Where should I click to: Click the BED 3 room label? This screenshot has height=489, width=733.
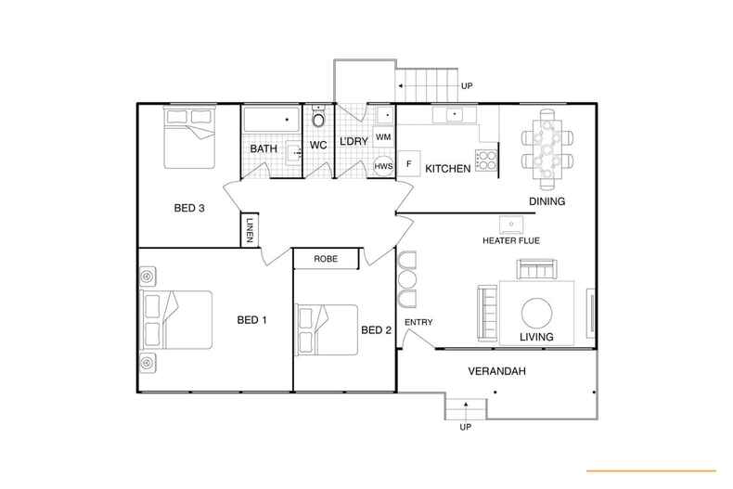(x=189, y=208)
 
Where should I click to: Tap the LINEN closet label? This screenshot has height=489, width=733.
(x=250, y=230)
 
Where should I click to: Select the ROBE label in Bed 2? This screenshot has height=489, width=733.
(x=325, y=259)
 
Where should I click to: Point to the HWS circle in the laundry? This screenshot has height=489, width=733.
(x=381, y=166)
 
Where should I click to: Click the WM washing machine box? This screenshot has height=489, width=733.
(x=383, y=137)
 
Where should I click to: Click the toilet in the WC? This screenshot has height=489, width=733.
(x=318, y=120)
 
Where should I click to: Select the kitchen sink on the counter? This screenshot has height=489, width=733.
(x=454, y=116)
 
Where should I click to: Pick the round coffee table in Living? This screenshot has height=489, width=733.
(x=536, y=310)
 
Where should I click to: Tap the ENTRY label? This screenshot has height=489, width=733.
(x=418, y=323)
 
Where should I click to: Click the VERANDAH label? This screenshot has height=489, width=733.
(x=497, y=371)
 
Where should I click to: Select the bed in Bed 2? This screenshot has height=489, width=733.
(x=328, y=328)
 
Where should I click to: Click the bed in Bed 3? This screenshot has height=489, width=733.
(x=191, y=136)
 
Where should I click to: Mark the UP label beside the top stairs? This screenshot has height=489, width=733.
(x=467, y=87)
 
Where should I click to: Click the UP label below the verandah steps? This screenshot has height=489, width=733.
(x=465, y=428)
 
